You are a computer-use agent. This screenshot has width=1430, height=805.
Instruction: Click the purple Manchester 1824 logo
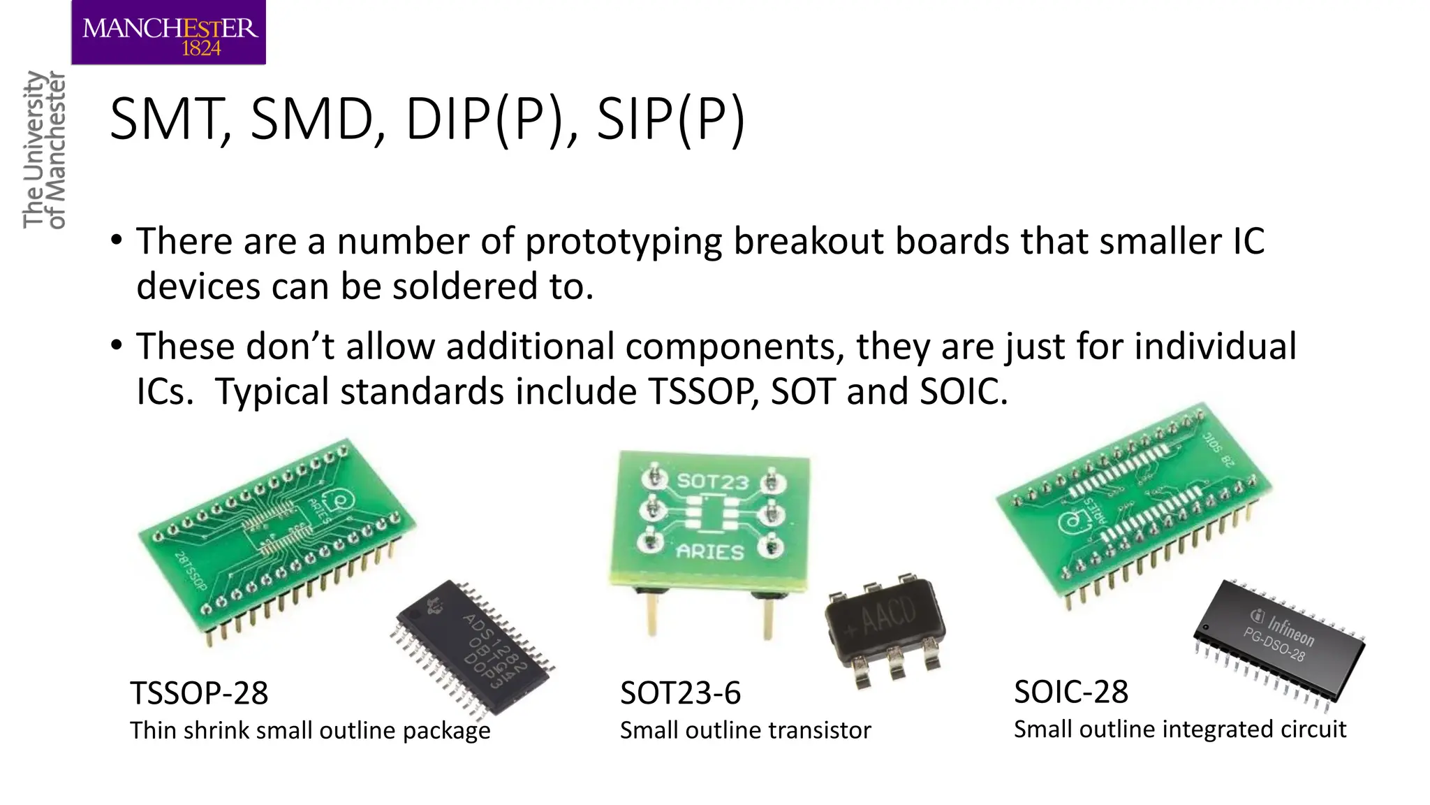point(168,33)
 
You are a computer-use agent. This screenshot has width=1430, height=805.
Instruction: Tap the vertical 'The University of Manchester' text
point(44,150)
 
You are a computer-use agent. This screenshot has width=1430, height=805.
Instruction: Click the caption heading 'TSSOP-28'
point(199,693)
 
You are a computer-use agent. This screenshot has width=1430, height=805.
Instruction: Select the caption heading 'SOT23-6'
point(680,693)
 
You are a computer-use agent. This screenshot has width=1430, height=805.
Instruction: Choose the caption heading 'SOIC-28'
point(1070,692)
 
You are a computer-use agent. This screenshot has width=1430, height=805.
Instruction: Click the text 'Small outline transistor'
point(745,730)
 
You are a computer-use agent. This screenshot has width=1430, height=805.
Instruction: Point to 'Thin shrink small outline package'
point(310,730)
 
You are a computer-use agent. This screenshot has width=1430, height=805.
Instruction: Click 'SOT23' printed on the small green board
point(712,481)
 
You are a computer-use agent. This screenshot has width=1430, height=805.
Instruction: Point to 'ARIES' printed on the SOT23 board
point(709,552)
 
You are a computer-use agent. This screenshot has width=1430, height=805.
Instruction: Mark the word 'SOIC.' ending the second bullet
point(964,391)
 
